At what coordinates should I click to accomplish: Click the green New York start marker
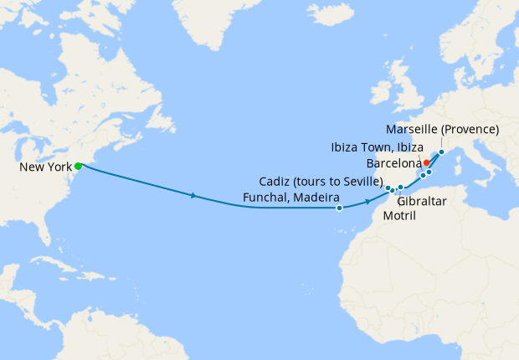tap(78, 166)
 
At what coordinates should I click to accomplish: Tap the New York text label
tap(46, 168)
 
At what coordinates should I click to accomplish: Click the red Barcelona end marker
tap(426, 162)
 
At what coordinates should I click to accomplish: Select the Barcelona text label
tap(393, 162)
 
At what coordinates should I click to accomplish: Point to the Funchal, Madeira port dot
tap(339, 208)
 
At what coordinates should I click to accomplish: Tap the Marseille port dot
tap(441, 152)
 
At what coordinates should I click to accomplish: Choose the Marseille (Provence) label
tap(443, 130)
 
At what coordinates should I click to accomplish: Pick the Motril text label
tap(398, 216)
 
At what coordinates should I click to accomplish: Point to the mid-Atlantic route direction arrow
tap(194, 196)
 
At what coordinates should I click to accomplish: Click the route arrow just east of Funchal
tap(367, 202)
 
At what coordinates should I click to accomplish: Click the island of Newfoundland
tap(176, 113)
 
